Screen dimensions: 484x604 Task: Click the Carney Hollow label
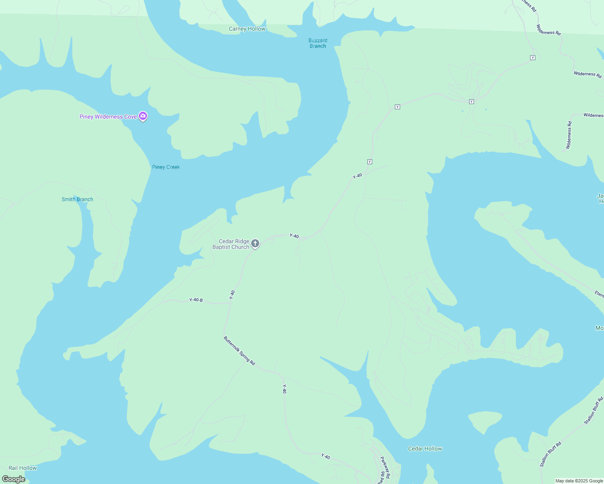pyautogui.click(x=247, y=29)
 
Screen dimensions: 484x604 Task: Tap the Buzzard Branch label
pyautogui.click(x=318, y=43)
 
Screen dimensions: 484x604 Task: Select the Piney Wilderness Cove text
pyautogui.click(x=108, y=117)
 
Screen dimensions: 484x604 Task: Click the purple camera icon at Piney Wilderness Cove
pyautogui.click(x=143, y=116)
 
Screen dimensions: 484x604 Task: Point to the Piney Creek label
pyautogui.click(x=166, y=167)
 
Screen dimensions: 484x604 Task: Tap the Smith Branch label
pyautogui.click(x=78, y=199)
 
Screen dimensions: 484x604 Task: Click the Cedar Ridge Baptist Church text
pyautogui.click(x=231, y=244)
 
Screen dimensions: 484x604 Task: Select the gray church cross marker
pyautogui.click(x=255, y=243)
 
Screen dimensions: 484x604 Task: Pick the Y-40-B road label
pyautogui.click(x=196, y=300)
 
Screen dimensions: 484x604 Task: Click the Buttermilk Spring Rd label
pyautogui.click(x=239, y=351)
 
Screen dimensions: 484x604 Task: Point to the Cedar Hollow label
pyautogui.click(x=425, y=449)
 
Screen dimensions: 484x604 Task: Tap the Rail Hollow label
pyautogui.click(x=23, y=468)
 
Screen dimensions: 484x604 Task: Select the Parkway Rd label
pyautogui.click(x=385, y=467)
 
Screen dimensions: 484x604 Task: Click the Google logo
pyautogui.click(x=14, y=479)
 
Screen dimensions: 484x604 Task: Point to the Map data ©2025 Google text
pyautogui.click(x=579, y=481)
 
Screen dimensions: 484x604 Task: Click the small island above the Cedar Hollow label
pyautogui.click(x=485, y=421)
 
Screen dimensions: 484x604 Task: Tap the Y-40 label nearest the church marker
pyautogui.click(x=294, y=236)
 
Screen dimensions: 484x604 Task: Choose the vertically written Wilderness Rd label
pyautogui.click(x=569, y=135)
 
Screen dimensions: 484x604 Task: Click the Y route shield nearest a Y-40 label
pyautogui.click(x=369, y=162)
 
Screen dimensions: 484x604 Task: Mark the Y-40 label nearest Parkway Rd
pyautogui.click(x=326, y=457)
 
